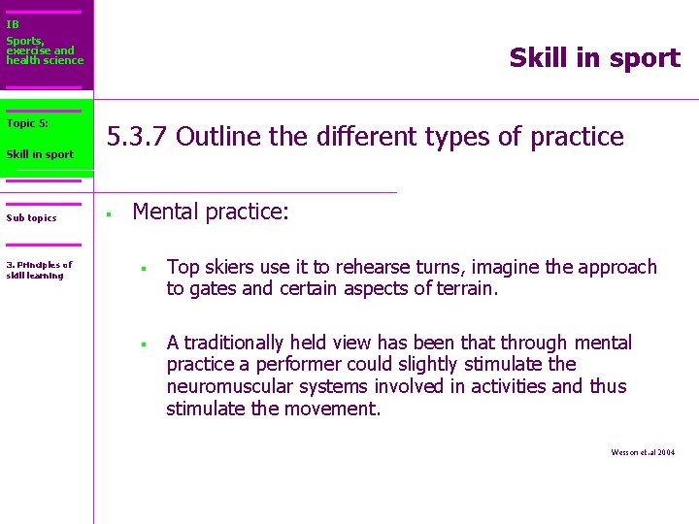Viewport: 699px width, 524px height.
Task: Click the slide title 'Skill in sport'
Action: pos(594,58)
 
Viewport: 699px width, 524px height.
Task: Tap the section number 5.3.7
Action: pos(138,137)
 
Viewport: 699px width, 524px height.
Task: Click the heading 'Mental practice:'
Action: pos(211,212)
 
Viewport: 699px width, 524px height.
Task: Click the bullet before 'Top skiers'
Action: pos(142,269)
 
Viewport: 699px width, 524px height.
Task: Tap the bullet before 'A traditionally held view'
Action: pos(142,344)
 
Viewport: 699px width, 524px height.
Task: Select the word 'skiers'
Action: pos(228,267)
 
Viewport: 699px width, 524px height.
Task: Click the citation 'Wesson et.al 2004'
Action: pos(643,453)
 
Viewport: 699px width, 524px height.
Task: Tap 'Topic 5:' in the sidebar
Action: pos(27,123)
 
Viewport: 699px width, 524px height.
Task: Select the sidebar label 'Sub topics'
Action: pos(31,218)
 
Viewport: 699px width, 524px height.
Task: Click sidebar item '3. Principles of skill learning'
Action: pos(39,270)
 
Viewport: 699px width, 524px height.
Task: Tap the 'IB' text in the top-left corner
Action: pos(13,24)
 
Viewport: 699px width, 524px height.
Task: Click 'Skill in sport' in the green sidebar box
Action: pos(40,154)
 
